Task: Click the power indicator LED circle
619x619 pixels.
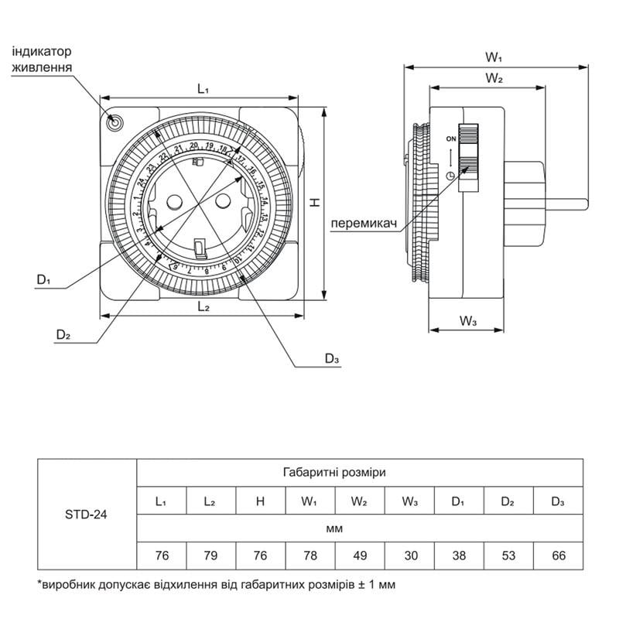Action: [x=115, y=122]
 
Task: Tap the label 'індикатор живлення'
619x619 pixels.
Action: [x=42, y=60]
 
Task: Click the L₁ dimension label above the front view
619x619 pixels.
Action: [x=202, y=89]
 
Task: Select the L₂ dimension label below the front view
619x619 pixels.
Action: [x=203, y=307]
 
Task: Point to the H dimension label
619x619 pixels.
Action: [x=314, y=202]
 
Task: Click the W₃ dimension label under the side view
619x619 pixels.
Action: [x=467, y=320]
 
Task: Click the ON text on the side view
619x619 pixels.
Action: [x=450, y=138]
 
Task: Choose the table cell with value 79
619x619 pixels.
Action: [x=210, y=555]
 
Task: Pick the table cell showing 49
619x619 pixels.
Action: [x=358, y=555]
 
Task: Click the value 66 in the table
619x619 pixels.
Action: [x=557, y=555]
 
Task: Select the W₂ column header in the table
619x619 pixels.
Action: [x=358, y=501]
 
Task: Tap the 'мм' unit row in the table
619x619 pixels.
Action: [x=358, y=528]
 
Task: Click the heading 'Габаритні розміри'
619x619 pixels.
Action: [x=358, y=471]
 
